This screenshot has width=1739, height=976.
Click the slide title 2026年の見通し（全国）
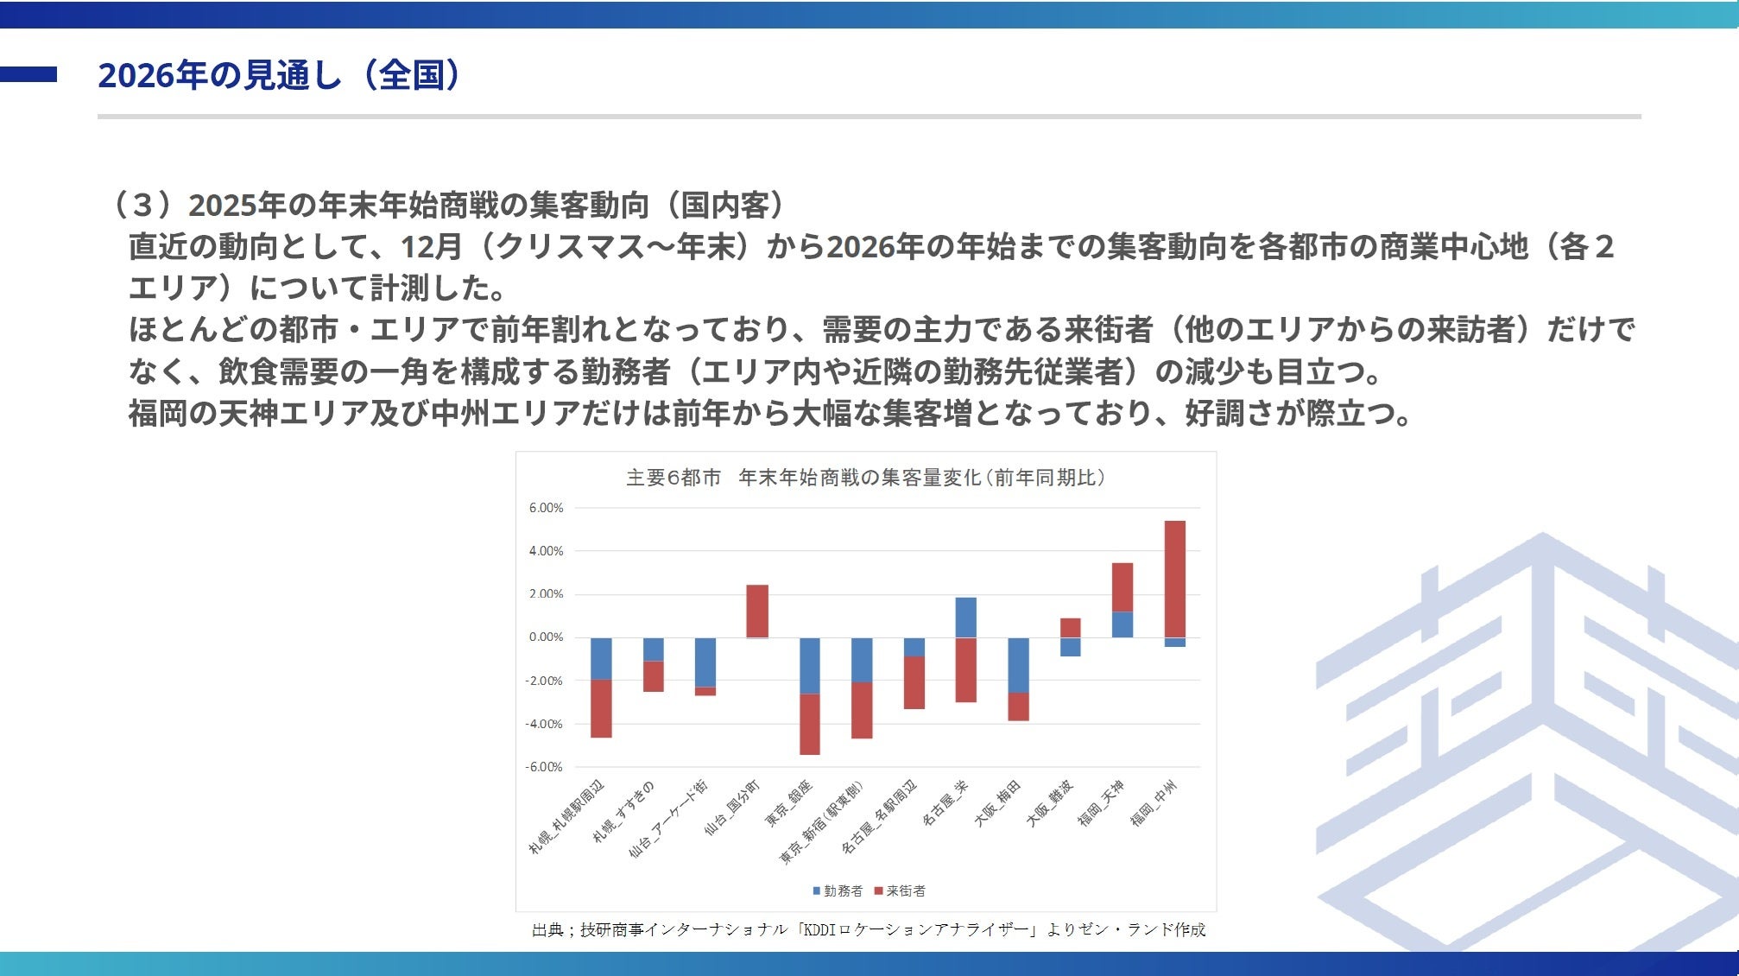[x=279, y=75]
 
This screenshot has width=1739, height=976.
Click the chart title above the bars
[x=865, y=478]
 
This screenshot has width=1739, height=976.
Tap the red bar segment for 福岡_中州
[x=1174, y=579]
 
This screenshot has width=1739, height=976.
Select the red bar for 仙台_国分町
[x=757, y=612]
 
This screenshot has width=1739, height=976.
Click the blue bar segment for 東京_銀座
[x=809, y=666]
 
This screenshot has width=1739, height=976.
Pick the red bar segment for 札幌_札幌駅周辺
[x=601, y=708]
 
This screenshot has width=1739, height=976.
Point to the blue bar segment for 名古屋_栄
[x=965, y=618]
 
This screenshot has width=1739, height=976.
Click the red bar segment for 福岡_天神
[x=1122, y=587]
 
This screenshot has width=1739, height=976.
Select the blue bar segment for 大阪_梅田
[x=1018, y=665]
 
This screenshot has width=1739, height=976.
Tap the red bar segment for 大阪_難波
[x=1070, y=628]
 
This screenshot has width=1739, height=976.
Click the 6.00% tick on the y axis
[x=546, y=508]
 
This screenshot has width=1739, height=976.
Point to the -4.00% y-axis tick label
[x=543, y=724]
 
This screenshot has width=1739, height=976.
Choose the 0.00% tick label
[x=546, y=637]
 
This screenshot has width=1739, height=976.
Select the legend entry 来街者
[x=900, y=890]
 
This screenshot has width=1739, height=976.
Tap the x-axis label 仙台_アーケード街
[x=668, y=817]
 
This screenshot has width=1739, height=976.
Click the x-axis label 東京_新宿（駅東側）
[x=821, y=821]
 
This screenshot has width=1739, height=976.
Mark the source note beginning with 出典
[x=869, y=929]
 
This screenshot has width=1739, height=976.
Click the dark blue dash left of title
[x=28, y=75]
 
